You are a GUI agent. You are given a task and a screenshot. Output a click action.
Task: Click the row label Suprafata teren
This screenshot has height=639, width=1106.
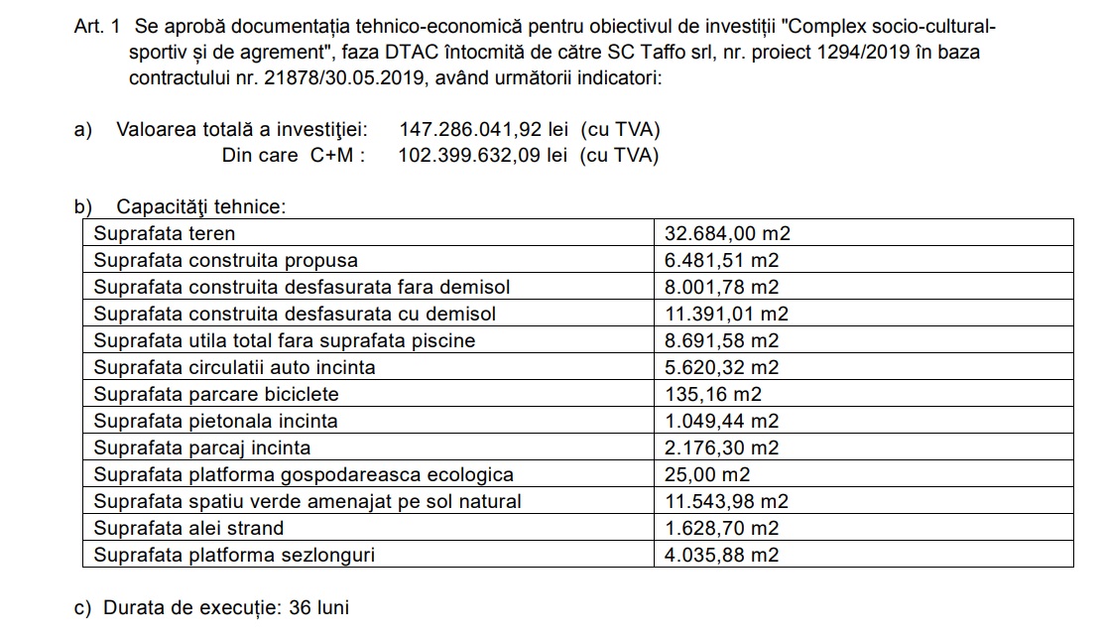coord(165,234)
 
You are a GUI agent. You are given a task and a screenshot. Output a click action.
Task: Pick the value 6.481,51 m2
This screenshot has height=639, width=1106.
coord(721,261)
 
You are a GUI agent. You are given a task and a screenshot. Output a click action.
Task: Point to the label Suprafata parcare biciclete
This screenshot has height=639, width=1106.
coord(216,394)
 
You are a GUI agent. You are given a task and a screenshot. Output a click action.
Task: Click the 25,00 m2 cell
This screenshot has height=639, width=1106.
coord(707,474)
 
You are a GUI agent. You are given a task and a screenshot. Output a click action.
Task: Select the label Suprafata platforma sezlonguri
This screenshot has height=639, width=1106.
coord(234,555)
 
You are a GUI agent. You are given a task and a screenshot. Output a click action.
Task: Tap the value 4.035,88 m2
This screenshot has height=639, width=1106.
coord(721,555)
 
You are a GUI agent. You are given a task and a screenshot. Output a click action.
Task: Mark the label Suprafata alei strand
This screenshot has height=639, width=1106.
coord(188,528)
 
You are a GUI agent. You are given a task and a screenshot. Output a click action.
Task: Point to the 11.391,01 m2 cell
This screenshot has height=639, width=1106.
coord(726,314)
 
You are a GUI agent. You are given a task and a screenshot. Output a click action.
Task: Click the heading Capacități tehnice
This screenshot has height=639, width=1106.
coord(200,207)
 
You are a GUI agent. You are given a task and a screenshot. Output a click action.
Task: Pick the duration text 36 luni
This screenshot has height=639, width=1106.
coord(318,607)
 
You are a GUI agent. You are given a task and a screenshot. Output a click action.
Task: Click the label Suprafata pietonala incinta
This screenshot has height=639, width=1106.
coord(215,421)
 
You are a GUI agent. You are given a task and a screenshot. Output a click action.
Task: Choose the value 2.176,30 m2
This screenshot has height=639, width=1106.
coord(721,447)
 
